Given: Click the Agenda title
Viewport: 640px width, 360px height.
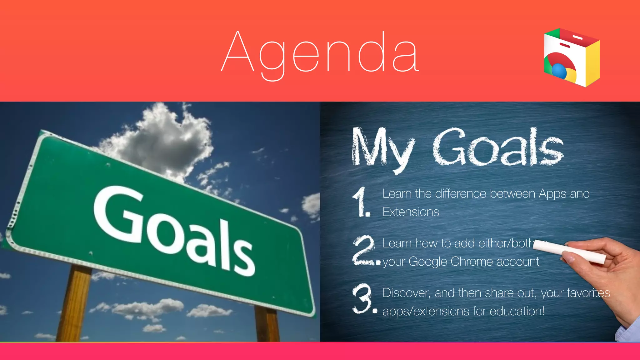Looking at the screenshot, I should click(x=320, y=53).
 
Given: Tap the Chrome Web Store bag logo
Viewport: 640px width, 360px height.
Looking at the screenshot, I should click(x=572, y=57).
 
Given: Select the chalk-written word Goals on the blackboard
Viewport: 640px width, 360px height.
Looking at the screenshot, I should click(x=498, y=147).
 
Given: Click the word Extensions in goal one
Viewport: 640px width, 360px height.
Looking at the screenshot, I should click(x=411, y=212).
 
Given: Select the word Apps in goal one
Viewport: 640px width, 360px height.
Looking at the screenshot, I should click(x=552, y=194).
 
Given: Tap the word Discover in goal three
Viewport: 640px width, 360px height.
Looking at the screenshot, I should click(x=406, y=293).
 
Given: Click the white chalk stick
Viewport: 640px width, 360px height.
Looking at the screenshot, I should click(x=569, y=252).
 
